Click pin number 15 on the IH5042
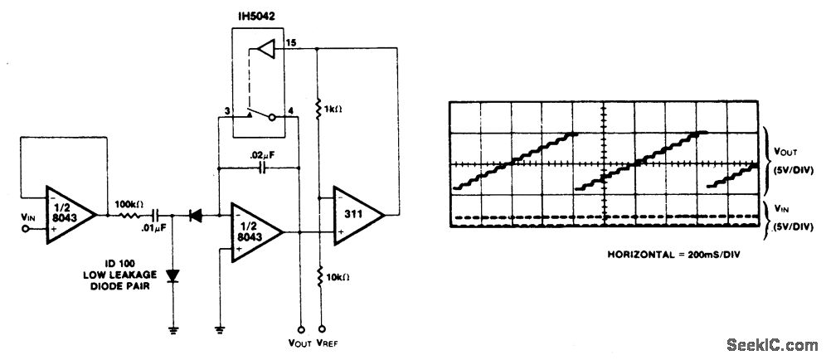pos(290,41)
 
